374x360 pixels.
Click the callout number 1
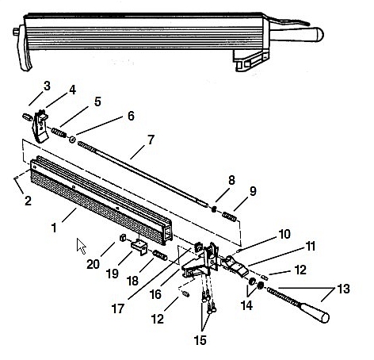54,228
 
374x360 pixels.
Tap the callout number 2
28,201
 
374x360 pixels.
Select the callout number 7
151,140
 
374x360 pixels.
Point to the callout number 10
284,234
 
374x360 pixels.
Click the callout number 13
343,289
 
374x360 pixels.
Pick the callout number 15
200,340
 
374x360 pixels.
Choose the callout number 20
93,264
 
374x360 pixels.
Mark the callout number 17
118,308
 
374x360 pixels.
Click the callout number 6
131,116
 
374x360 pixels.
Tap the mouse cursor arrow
81,245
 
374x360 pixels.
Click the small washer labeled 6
72,140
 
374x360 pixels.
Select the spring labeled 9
229,216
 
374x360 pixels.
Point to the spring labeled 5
59,132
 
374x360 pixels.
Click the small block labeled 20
122,238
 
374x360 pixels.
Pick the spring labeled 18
160,255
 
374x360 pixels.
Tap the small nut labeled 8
214,209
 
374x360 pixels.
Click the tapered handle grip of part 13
314,312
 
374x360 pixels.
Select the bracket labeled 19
139,246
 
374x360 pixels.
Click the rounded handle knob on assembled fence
297,34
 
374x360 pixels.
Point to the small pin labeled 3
27,117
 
